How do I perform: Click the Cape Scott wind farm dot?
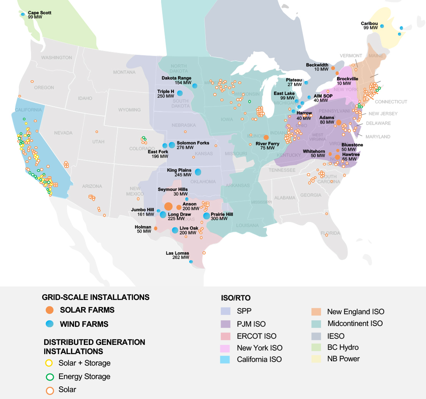tap(23, 15)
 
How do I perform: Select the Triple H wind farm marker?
tap(180, 93)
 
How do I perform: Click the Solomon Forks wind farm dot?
tap(172, 145)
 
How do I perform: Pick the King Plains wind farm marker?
tap(198, 172)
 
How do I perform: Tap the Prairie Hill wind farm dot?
tap(206, 216)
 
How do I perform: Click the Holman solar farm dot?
tap(155, 228)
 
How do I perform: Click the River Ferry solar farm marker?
tap(266, 137)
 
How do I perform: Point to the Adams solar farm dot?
tap(339, 123)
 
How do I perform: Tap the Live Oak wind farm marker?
tap(175, 230)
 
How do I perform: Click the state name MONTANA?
tap(124, 72)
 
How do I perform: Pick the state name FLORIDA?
tap(331, 233)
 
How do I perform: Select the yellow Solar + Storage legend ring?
tap(49, 363)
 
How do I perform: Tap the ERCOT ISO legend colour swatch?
tap(225, 336)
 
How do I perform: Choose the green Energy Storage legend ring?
tap(49, 377)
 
